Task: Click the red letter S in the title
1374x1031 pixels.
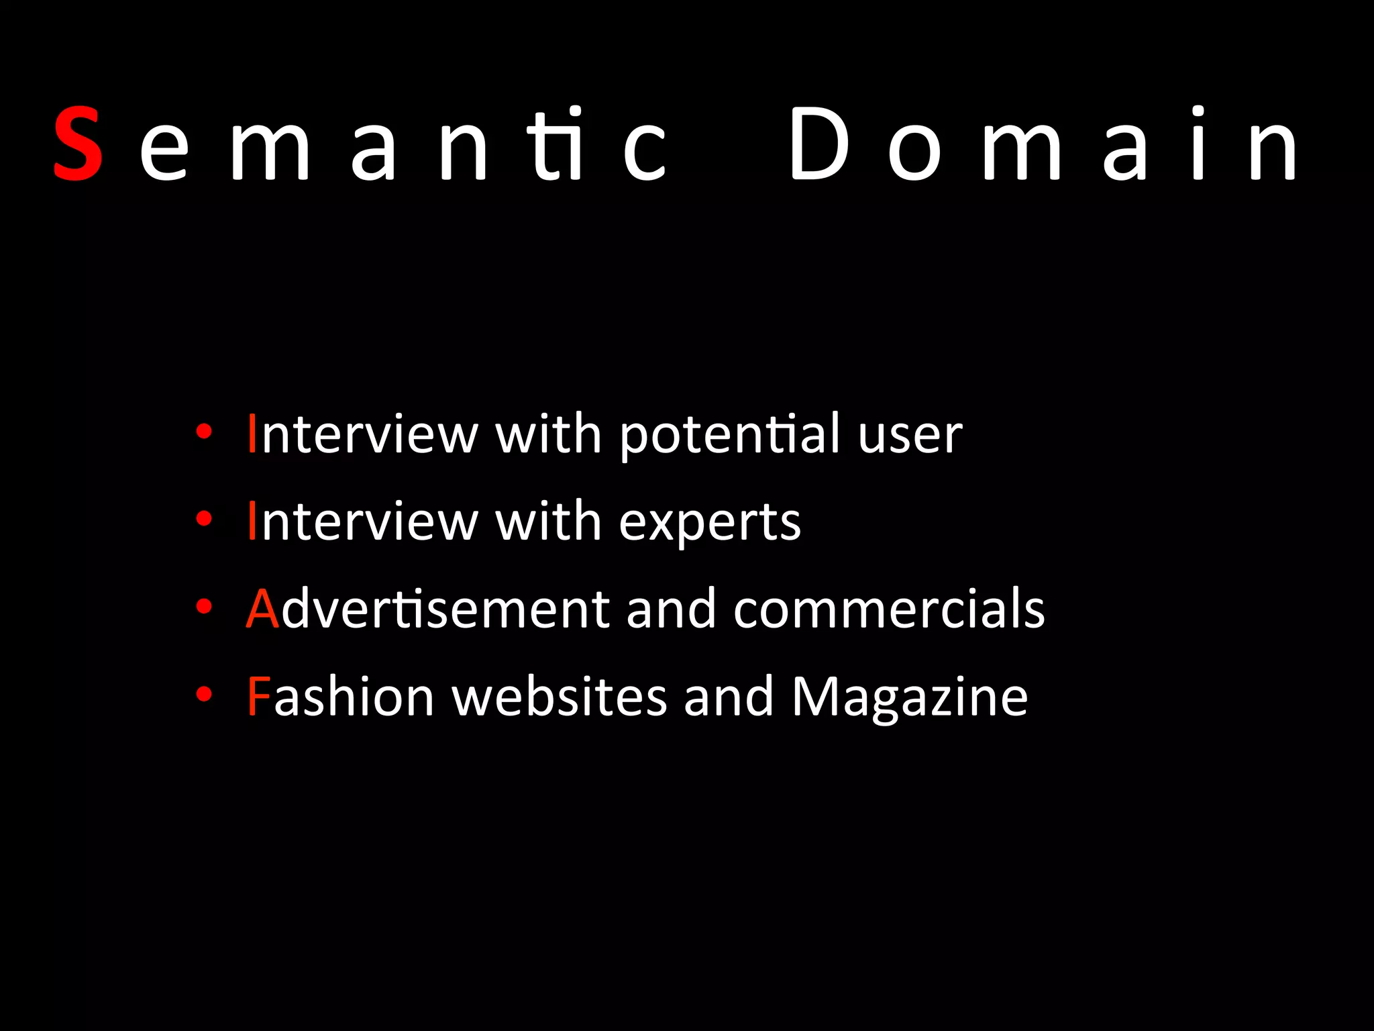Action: click(x=78, y=144)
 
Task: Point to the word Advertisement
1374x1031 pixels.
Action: click(x=427, y=609)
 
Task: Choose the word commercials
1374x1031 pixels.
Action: click(x=889, y=609)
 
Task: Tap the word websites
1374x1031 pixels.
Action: click(x=560, y=697)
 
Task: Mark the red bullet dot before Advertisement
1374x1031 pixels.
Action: click(x=204, y=606)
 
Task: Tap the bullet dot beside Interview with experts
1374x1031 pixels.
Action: click(x=204, y=518)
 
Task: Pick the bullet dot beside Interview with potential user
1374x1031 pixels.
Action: click(x=204, y=431)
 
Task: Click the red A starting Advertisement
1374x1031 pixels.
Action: click(x=262, y=609)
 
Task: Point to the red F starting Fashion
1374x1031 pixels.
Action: click(x=258, y=697)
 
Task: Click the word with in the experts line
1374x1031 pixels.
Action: click(x=547, y=522)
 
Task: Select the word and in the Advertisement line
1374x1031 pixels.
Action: click(x=671, y=609)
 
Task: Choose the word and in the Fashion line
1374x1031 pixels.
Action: click(x=729, y=697)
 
